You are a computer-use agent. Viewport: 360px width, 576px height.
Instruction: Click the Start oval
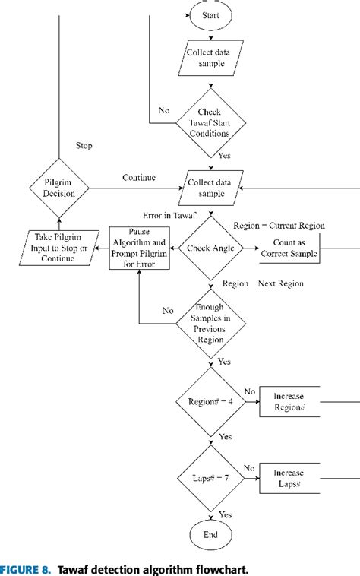pyautogui.click(x=210, y=15)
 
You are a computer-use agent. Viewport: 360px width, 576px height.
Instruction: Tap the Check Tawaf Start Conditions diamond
pyautogui.click(x=210, y=122)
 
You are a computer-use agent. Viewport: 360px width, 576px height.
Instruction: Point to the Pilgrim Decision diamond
pyautogui.click(x=58, y=186)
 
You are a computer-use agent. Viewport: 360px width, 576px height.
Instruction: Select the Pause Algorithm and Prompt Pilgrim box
pyautogui.click(x=138, y=247)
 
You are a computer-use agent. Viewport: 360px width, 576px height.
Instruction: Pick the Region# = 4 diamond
pyautogui.click(x=210, y=400)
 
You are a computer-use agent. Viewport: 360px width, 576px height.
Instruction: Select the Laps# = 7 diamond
pyautogui.click(x=210, y=479)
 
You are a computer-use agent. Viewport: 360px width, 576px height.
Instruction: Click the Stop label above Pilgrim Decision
pyautogui.click(x=85, y=145)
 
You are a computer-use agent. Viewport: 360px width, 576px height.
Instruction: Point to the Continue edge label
pyautogui.click(x=139, y=177)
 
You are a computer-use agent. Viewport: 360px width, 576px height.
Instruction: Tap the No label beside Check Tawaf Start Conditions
pyautogui.click(x=164, y=109)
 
